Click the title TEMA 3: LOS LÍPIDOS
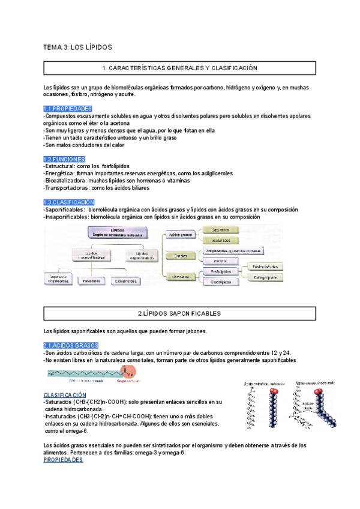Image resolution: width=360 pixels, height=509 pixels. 78,46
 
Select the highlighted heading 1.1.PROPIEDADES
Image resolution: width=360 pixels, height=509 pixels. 67,108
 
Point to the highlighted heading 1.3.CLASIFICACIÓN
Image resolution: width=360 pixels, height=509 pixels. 69,202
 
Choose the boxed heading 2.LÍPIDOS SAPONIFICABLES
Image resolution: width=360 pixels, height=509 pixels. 179,313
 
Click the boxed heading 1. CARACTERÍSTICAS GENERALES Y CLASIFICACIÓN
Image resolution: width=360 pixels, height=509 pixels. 179,68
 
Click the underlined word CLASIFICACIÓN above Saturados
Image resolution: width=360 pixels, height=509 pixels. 68,394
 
